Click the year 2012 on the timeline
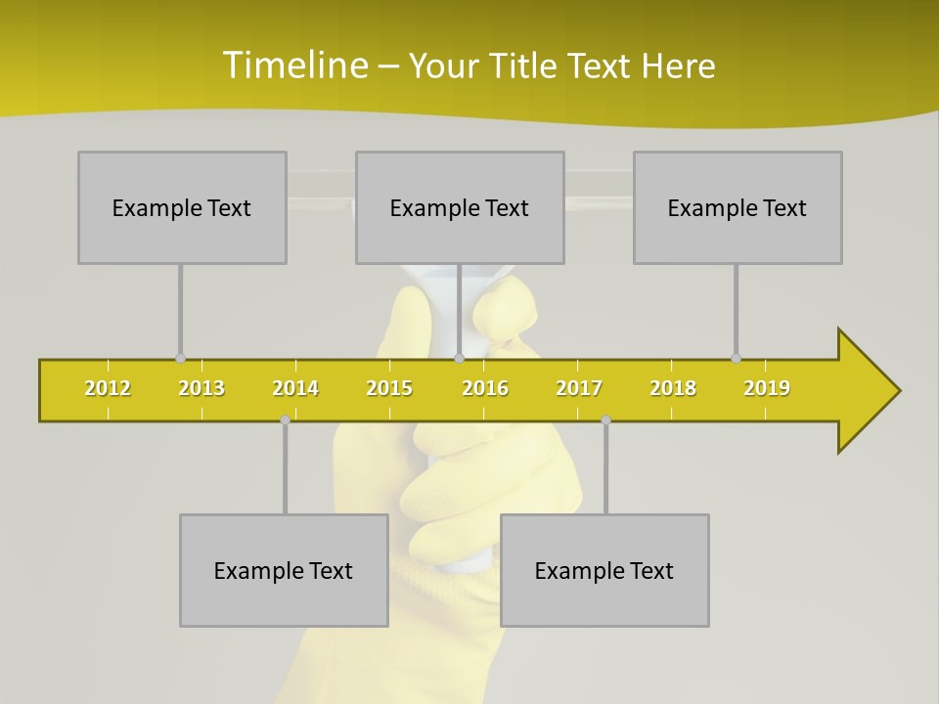(x=108, y=388)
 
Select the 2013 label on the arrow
(x=201, y=388)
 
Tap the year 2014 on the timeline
(x=295, y=388)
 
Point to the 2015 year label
(x=389, y=388)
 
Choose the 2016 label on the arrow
(x=485, y=388)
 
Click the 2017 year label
(x=579, y=388)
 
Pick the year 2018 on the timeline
(x=673, y=388)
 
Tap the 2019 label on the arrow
(x=767, y=388)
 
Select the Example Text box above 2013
(x=182, y=207)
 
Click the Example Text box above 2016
(x=460, y=207)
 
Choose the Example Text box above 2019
(x=738, y=207)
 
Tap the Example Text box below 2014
(x=284, y=570)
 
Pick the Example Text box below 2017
(x=604, y=570)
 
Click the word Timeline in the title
(x=294, y=66)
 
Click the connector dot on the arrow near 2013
(x=180, y=359)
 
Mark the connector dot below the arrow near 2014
(x=285, y=419)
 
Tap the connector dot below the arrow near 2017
(x=605, y=419)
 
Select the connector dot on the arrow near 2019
(x=736, y=359)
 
